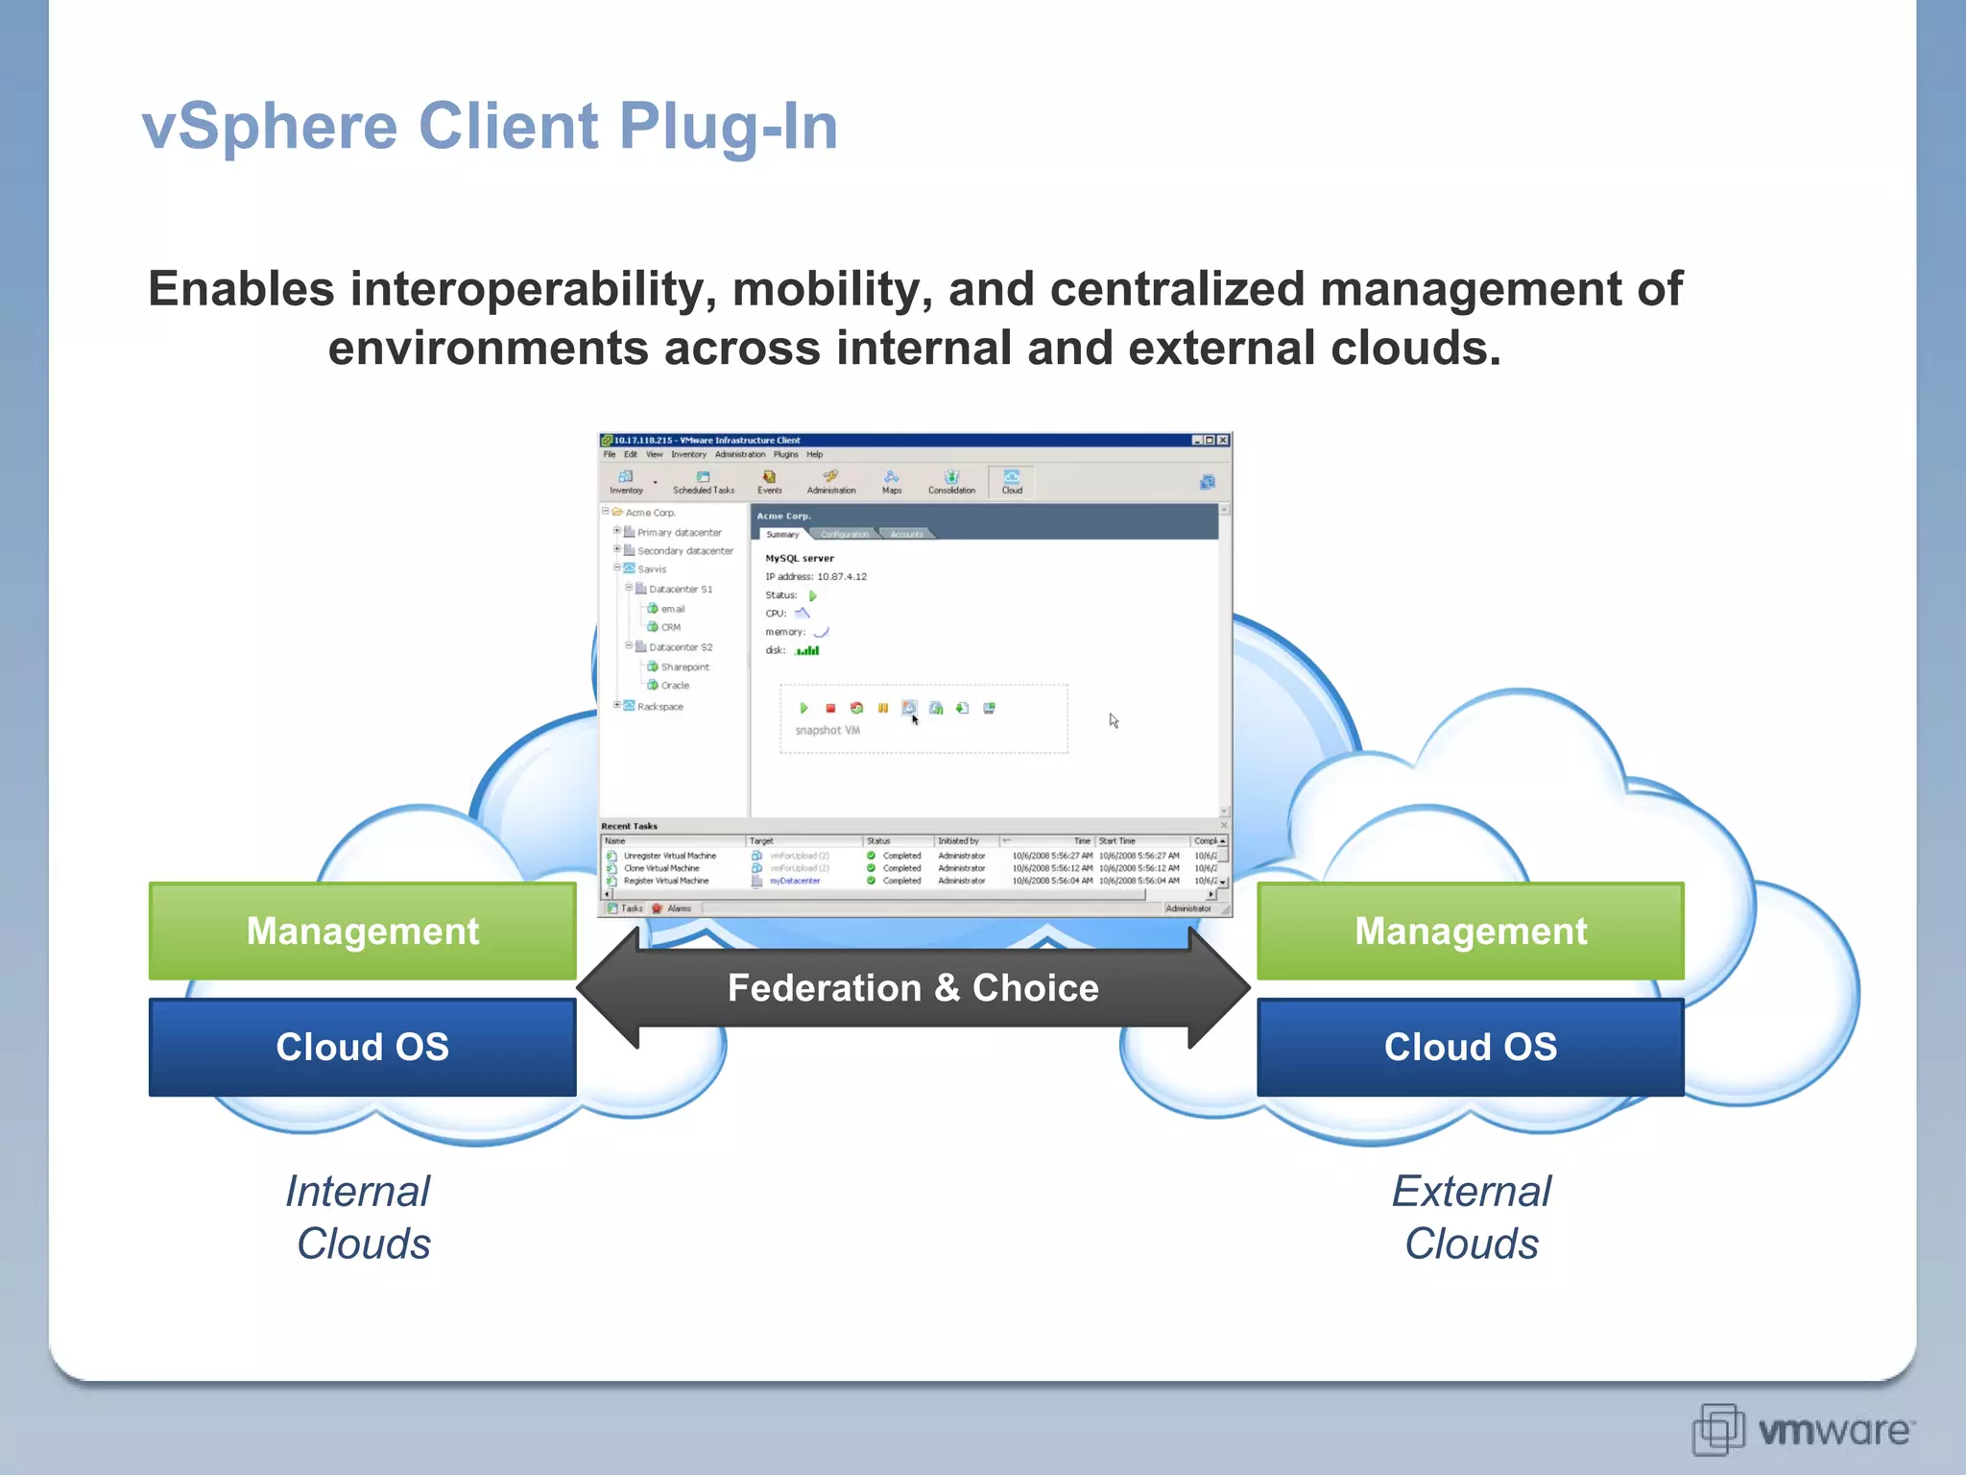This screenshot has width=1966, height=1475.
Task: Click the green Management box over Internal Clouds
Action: click(x=362, y=931)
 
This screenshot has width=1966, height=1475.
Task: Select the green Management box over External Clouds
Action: click(x=1470, y=931)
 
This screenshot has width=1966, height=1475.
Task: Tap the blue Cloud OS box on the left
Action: click(x=362, y=1047)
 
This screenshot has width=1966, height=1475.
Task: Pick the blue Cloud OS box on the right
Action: click(x=1470, y=1047)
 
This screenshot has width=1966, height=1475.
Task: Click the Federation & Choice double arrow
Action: click(x=912, y=988)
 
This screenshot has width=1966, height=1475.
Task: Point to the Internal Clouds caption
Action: click(x=360, y=1218)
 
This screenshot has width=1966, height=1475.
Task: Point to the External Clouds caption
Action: click(x=1471, y=1218)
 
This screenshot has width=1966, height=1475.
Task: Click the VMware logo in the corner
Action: click(x=1803, y=1430)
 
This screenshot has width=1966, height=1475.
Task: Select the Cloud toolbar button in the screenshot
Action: click(x=1012, y=481)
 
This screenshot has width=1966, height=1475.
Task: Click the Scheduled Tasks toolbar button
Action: click(x=703, y=481)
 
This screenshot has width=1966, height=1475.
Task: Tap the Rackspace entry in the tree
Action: click(x=659, y=707)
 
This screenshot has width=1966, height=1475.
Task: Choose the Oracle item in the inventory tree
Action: click(x=674, y=686)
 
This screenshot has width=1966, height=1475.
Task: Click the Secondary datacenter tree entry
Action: click(x=684, y=551)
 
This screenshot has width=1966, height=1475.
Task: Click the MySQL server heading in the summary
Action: click(x=799, y=558)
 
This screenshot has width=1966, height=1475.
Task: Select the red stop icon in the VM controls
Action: click(x=830, y=709)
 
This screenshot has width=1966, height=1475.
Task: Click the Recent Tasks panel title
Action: click(x=629, y=826)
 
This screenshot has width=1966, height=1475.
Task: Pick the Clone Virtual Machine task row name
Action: click(x=661, y=868)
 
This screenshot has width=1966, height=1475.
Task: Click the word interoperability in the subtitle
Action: click(x=533, y=289)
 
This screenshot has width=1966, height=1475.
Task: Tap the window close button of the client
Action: click(x=1223, y=440)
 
